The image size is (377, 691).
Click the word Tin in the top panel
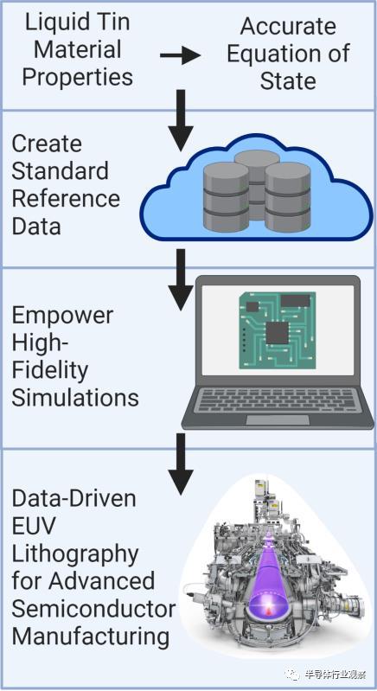pos(115,22)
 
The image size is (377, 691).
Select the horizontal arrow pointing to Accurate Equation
pos(180,56)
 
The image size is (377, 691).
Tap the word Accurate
pos(288,27)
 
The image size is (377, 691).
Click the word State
pos(288,80)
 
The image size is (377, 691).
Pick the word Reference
pos(66,198)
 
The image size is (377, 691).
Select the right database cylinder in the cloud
pos(288,196)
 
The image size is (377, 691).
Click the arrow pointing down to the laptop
pos(181,280)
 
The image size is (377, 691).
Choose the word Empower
pos(62,317)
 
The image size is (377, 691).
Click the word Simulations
pos(75,397)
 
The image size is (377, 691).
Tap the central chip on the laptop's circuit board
pos(277,333)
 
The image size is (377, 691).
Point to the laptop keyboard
pos(278,400)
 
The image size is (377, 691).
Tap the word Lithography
pos(75,554)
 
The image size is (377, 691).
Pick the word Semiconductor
pos(93,609)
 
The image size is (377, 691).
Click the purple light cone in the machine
pos(267,573)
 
